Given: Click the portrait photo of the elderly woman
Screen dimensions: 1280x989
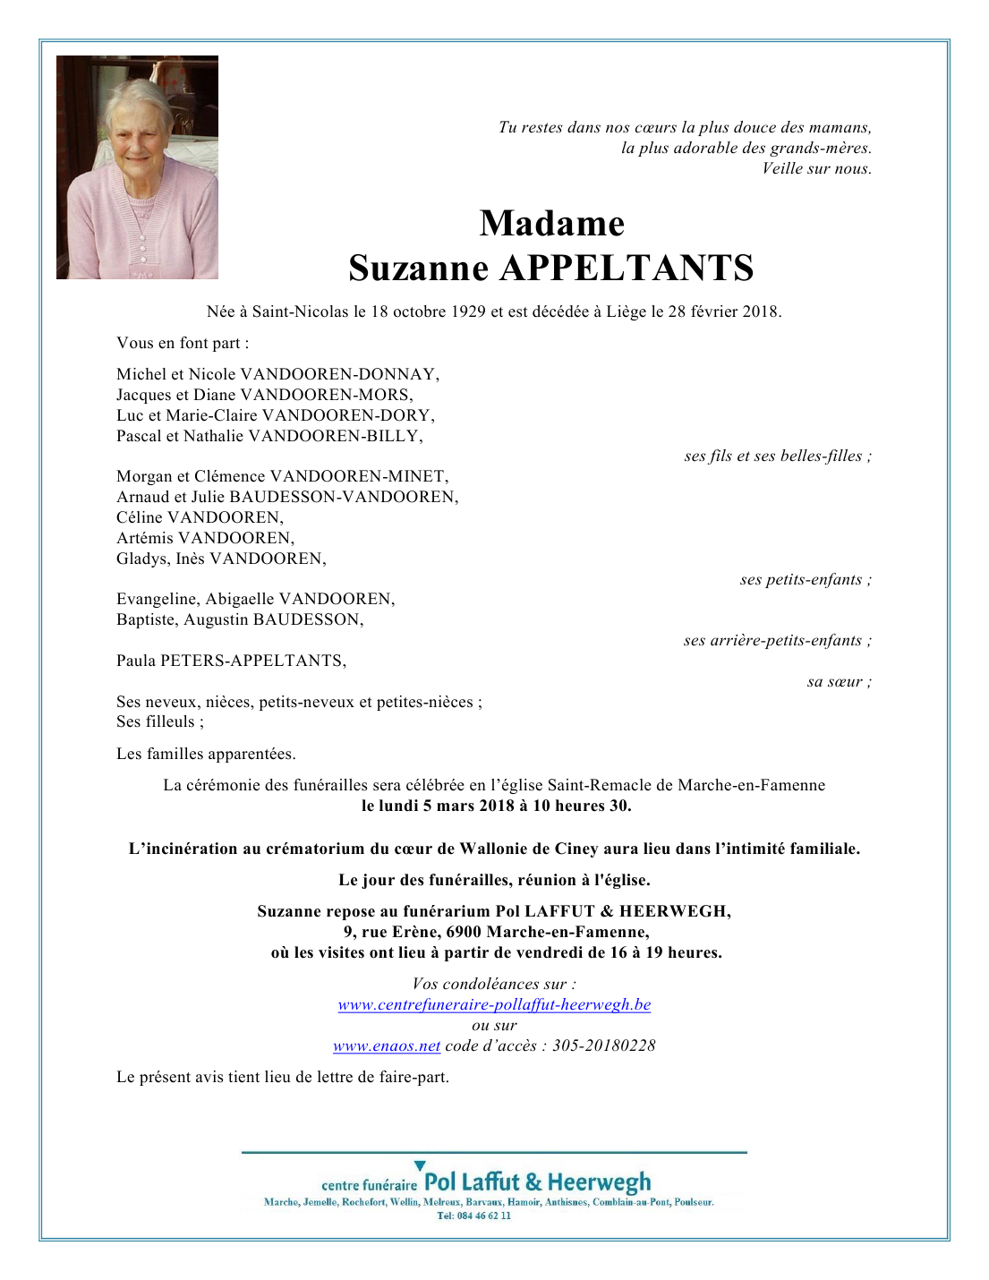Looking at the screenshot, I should click(137, 167).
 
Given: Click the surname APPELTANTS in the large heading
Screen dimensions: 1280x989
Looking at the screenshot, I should click(626, 269).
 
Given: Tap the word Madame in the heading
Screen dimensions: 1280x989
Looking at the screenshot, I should click(551, 224).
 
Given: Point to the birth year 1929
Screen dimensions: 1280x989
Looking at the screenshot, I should click(468, 312).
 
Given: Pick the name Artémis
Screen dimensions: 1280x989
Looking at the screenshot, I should click(145, 538).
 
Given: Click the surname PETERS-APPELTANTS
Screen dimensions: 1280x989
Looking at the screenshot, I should click(252, 661).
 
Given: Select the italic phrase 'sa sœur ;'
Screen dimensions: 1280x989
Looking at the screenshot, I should click(839, 682).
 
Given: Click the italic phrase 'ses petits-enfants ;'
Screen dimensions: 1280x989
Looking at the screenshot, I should click(806, 580).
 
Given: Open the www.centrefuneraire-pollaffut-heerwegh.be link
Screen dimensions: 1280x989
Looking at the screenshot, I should click(494, 1004).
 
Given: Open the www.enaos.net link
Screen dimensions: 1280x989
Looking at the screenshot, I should click(387, 1045).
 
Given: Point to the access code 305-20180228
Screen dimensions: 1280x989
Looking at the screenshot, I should click(603, 1045).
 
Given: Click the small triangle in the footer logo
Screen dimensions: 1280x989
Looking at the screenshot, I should click(420, 1165).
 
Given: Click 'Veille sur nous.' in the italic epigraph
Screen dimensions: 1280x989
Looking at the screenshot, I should click(816, 169).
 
